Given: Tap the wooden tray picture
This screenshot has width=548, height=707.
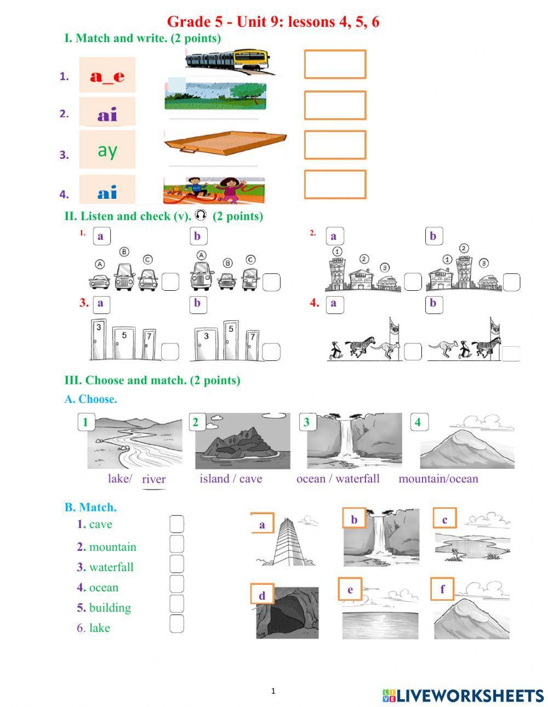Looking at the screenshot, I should [x=225, y=144].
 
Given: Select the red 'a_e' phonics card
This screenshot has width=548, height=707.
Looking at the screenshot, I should [x=107, y=76].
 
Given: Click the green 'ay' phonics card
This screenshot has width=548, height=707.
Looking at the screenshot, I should [x=107, y=150].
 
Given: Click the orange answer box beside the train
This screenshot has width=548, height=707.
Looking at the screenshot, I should [x=335, y=64].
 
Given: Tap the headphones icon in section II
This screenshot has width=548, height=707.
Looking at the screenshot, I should [x=201, y=215].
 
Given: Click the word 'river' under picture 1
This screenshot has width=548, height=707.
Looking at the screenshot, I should [x=153, y=479].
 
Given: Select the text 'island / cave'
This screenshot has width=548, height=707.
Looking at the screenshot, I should [x=231, y=479].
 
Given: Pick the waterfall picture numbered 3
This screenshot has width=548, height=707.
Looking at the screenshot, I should [x=354, y=441].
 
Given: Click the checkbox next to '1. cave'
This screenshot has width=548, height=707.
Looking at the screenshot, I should [x=176, y=524].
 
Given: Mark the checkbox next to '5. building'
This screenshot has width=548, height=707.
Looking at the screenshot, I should [x=176, y=603].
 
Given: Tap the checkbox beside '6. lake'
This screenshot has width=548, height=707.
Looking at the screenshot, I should [x=176, y=624].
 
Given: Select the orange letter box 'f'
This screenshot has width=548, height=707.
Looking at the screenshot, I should [x=442, y=590].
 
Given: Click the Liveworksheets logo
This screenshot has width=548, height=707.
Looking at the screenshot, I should [x=463, y=695].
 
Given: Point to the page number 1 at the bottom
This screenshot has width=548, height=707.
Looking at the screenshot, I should [x=273, y=691].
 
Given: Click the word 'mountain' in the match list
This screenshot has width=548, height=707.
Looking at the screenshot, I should [x=112, y=547].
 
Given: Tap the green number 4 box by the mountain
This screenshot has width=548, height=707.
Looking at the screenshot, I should [x=418, y=422].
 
